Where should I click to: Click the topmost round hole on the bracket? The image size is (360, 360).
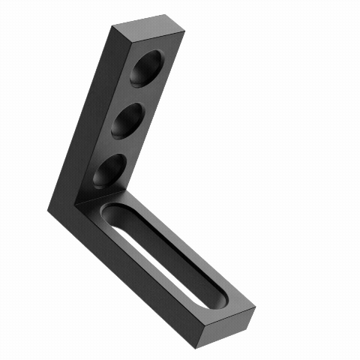[148, 70]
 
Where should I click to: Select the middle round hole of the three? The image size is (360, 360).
[128, 121]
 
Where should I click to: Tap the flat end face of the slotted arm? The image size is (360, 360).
[225, 325]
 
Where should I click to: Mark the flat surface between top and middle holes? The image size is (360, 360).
[139, 95]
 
